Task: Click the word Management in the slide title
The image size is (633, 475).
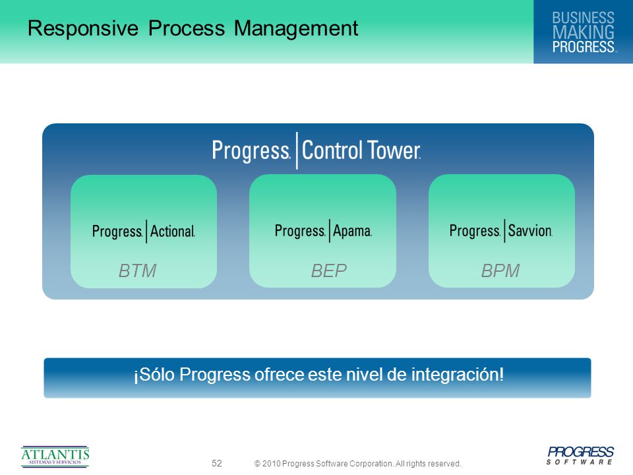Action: tap(296, 29)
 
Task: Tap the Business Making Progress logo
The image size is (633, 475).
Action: tap(583, 32)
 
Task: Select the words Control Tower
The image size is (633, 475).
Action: tap(361, 150)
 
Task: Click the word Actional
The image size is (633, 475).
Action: tap(172, 231)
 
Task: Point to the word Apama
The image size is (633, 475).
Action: tap(352, 231)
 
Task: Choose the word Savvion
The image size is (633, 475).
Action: tap(530, 230)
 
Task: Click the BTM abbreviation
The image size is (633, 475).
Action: tap(137, 270)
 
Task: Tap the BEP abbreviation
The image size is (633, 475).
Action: tap(328, 270)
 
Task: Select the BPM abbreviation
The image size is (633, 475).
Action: tap(500, 270)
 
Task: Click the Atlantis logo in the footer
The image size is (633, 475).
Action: tap(55, 457)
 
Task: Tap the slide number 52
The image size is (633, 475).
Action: tap(217, 463)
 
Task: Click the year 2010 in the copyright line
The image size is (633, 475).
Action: tap(271, 463)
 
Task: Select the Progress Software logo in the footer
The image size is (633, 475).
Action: tap(580, 455)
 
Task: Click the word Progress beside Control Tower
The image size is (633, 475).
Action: tap(251, 150)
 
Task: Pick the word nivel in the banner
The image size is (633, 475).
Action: tap(363, 375)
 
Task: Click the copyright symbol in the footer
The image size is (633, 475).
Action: tap(257, 464)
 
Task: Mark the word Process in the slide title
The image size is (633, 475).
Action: tap(186, 29)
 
